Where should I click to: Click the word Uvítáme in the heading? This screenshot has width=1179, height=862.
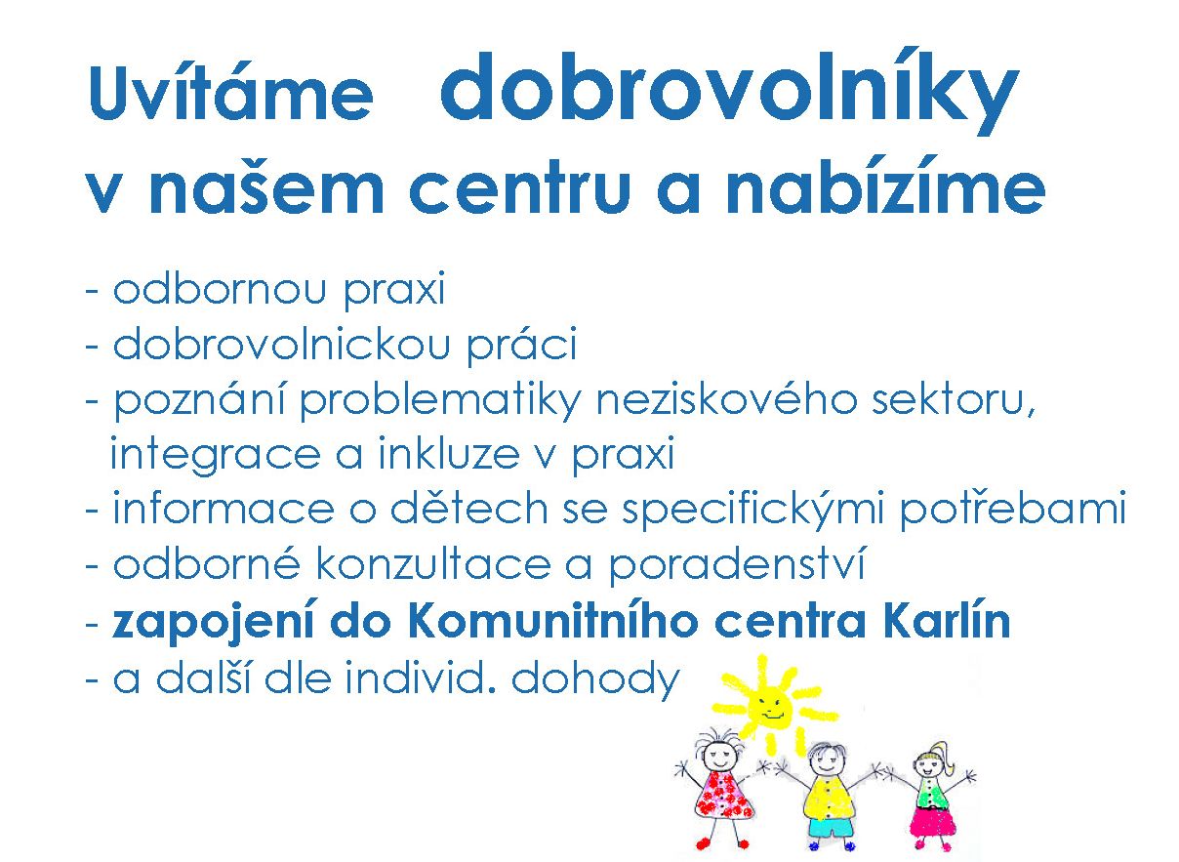coord(231,93)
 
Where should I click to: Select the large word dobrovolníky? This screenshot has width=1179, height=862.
coord(729,93)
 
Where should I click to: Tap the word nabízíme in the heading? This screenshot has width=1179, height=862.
coord(886,184)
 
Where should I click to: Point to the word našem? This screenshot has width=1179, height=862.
coord(266,185)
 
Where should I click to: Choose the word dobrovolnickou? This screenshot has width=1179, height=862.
coord(282,343)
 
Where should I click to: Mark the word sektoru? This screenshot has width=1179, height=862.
coord(954,401)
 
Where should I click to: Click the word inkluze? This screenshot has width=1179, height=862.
coord(448,454)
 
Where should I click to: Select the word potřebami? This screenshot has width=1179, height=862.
coord(1013,510)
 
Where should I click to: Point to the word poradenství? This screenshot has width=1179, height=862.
coord(737,565)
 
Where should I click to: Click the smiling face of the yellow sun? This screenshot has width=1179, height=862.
coord(772,706)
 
